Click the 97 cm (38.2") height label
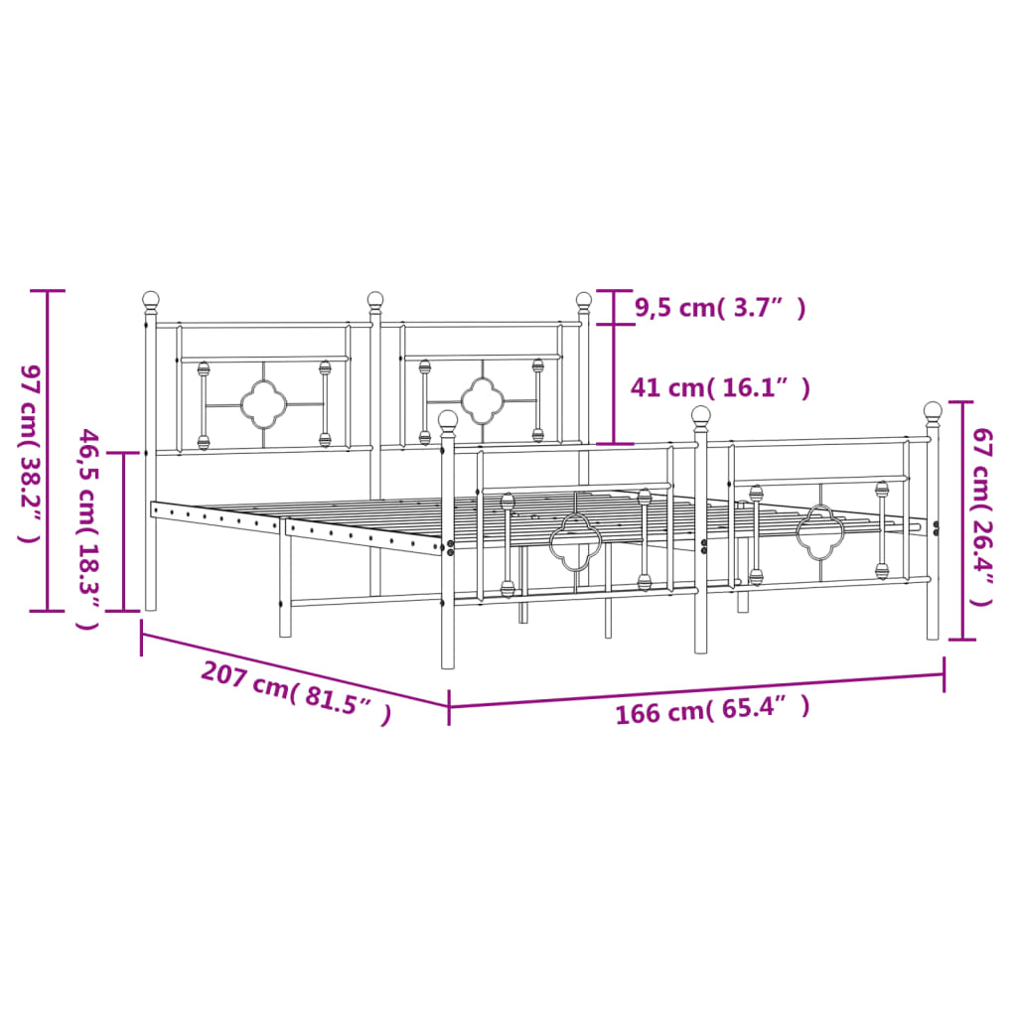(28, 452)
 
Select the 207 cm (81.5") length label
(295, 692)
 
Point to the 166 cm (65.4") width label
(712, 709)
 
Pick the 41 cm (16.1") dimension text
(720, 387)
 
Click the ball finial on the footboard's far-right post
(933, 409)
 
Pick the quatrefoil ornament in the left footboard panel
(575, 541)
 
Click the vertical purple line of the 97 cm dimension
(48, 452)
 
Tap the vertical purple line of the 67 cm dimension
(960, 519)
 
